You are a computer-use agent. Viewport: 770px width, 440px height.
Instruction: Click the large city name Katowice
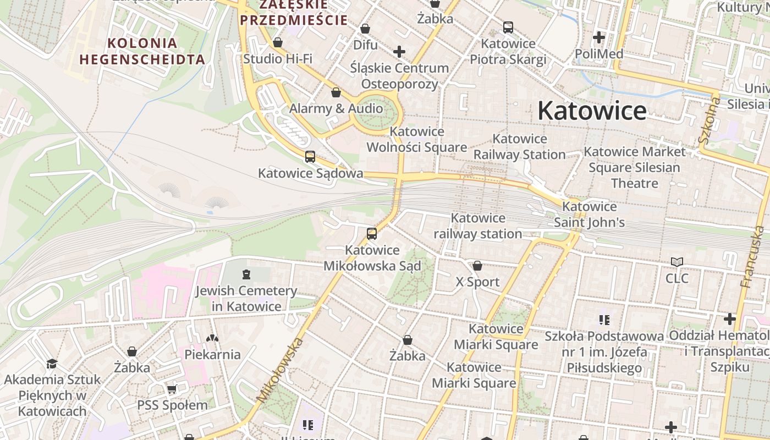pos(592,111)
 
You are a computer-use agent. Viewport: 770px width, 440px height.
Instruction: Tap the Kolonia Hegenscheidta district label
pos(142,51)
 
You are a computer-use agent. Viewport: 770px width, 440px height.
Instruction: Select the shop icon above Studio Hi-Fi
pos(278,42)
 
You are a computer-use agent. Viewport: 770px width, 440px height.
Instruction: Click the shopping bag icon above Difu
pos(365,29)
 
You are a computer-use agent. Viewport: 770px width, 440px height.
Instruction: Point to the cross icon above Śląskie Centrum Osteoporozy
pos(399,52)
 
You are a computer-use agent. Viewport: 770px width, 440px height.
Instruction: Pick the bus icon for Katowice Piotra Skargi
pos(508,27)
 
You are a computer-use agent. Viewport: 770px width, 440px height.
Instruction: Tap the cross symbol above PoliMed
pos(598,38)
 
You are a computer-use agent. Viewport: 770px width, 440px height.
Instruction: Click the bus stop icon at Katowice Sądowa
pos(310,157)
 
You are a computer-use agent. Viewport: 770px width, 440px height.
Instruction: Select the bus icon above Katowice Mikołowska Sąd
pos(372,234)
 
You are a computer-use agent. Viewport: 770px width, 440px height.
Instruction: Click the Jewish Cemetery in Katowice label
pos(246,298)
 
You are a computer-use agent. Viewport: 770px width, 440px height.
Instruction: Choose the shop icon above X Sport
pos(477,266)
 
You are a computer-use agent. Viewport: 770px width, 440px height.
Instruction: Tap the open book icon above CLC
pos(677,262)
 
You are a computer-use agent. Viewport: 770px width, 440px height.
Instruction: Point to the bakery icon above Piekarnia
pos(212,338)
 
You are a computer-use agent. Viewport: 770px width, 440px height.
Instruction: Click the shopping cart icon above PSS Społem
pos(172,389)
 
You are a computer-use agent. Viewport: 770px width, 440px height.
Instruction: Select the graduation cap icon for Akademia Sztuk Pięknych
pos(52,364)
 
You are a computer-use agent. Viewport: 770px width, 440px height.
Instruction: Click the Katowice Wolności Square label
pos(416,139)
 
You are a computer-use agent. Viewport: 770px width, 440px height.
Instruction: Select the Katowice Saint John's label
pos(589,215)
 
